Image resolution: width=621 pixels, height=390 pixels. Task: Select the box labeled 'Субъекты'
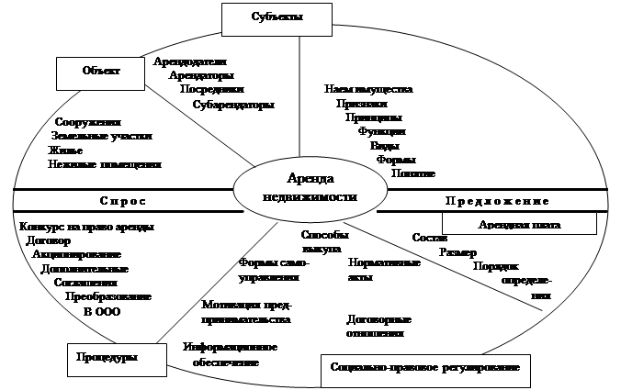tap(277, 17)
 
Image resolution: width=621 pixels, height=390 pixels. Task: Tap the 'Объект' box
tap(101, 71)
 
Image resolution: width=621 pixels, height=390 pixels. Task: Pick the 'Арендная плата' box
tap(519, 224)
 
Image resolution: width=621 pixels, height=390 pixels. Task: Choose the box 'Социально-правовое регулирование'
tap(425, 368)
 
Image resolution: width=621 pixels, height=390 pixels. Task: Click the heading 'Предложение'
tap(496, 201)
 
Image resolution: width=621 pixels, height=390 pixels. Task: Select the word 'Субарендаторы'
tap(233, 105)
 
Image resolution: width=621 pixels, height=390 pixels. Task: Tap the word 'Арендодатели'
tap(189, 61)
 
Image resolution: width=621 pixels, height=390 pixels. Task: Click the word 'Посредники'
tap(212, 90)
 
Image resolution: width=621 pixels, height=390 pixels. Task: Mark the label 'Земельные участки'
tap(103, 136)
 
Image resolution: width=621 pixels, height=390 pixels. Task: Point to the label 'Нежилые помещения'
tap(104, 164)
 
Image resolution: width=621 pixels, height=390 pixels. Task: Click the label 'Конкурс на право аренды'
tap(86, 226)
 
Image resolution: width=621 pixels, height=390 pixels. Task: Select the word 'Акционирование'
tap(76, 254)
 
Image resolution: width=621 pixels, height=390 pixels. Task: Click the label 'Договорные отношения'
tap(378, 327)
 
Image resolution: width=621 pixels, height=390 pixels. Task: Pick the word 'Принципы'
tap(373, 117)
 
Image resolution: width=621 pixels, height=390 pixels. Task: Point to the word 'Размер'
tap(457, 252)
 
